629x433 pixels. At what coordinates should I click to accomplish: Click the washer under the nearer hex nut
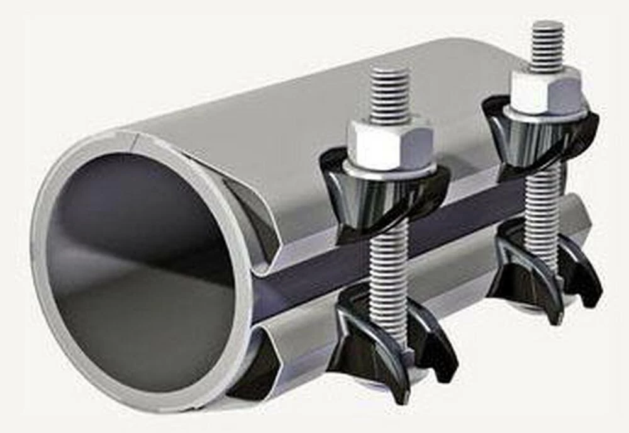(390, 168)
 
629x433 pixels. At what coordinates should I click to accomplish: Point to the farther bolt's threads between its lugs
(542, 201)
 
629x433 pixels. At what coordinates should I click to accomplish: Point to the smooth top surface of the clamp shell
(314, 107)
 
